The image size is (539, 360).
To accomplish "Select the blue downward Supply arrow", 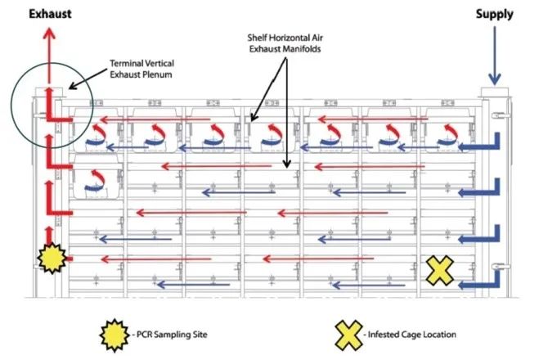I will [496, 49].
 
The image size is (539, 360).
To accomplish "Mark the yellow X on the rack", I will [440, 269].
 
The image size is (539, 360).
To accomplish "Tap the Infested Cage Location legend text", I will [412, 335].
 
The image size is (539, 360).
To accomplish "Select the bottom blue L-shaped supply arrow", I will [482, 278].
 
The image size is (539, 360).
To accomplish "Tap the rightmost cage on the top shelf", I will [446, 133].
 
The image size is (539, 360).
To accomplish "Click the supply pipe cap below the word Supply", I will [496, 92].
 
